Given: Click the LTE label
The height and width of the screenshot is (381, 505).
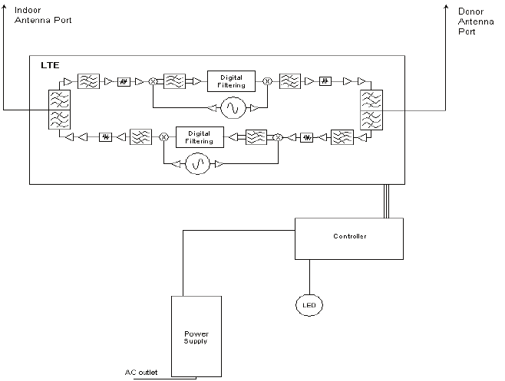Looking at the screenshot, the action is (50, 65).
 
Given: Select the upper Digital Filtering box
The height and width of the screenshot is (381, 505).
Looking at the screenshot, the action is (231, 81).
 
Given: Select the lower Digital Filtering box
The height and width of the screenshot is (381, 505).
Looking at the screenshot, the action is (200, 137).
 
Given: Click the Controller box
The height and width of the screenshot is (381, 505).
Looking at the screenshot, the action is (349, 238).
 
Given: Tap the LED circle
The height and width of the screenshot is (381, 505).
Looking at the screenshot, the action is (309, 305).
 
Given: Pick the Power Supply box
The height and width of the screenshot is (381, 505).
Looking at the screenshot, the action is (196, 337).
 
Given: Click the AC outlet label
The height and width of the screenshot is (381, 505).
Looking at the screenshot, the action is (141, 373).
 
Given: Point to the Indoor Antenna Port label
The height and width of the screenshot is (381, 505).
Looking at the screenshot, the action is (43, 15).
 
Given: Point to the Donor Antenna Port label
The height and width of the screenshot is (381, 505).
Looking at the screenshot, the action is (476, 21).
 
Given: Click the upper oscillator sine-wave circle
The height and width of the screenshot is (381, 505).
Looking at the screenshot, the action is (233, 108).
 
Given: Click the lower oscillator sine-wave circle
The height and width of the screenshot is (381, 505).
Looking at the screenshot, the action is (198, 164).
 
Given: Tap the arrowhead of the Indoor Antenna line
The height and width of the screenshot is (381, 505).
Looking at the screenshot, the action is (4, 7).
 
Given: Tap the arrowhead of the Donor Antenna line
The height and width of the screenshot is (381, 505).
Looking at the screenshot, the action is (446, 7).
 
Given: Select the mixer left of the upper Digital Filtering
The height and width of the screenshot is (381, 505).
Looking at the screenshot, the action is (153, 82).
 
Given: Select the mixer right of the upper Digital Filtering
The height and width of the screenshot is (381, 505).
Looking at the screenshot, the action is (267, 81).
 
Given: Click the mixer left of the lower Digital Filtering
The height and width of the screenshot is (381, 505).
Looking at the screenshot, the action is (164, 137).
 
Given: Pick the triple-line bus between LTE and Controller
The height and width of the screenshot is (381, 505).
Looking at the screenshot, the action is (386, 201).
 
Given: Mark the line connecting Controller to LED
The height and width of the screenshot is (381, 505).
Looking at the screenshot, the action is (310, 277).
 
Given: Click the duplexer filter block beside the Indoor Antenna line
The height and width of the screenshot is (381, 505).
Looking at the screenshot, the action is (59, 110).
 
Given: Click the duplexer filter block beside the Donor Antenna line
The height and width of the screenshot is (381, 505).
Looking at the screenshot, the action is (371, 110).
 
